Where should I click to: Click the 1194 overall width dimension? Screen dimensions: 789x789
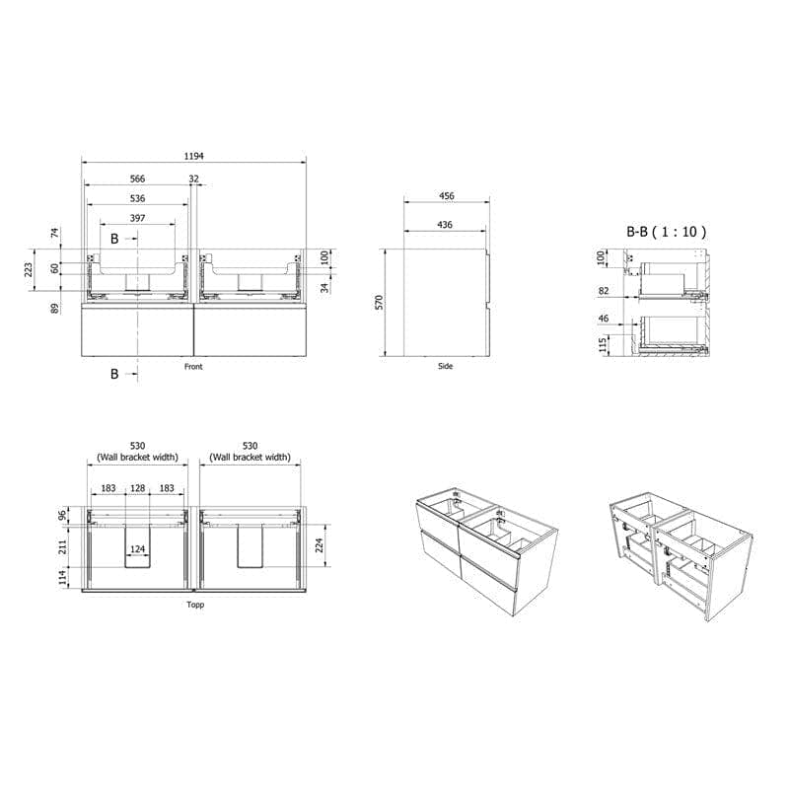click(193, 156)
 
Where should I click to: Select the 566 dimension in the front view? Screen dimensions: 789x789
click(137, 179)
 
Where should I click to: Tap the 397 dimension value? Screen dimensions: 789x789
click(137, 218)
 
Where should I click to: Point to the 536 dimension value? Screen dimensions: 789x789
click(137, 198)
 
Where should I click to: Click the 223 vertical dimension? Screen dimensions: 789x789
click(29, 269)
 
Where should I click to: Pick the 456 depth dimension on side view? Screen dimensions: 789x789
click(447, 195)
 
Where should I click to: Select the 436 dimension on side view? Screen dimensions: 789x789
click(445, 225)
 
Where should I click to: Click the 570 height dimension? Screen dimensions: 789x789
click(380, 303)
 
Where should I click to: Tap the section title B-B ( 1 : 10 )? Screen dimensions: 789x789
click(667, 232)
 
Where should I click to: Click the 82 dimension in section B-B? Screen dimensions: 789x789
click(604, 290)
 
